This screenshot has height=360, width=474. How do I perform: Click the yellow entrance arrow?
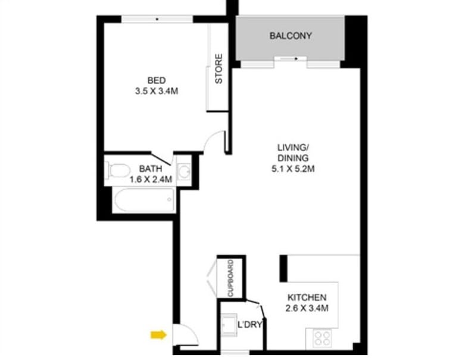(158, 335)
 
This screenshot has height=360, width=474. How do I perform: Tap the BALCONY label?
(290, 36)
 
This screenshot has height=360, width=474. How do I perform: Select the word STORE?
(219, 69)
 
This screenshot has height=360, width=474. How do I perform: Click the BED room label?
(157, 80)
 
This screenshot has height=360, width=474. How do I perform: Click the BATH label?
(149, 168)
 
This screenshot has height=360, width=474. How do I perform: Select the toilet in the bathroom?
(119, 170)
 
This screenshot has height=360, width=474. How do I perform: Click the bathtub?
(144, 200)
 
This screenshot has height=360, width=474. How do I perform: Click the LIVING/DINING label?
(292, 153)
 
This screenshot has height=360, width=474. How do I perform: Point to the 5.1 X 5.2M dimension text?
(292, 169)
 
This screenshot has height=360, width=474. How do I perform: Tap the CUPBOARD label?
(230, 278)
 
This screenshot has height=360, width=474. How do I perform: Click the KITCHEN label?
(307, 297)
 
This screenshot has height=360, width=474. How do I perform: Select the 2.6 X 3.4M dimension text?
(307, 308)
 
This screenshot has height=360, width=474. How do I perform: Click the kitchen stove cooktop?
(322, 338)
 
